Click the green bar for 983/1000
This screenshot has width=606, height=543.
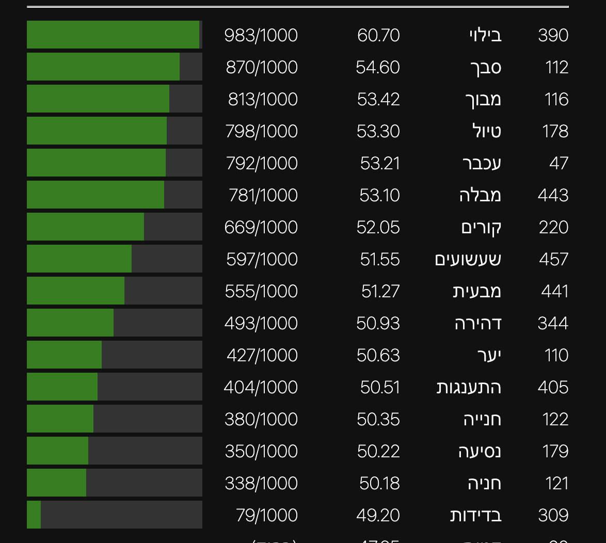click(113, 35)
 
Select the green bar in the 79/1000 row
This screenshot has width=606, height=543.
click(34, 515)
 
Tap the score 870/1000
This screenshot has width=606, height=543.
click(262, 67)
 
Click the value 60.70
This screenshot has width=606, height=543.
click(378, 35)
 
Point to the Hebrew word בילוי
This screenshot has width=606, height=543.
click(485, 35)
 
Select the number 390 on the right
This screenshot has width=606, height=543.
click(553, 35)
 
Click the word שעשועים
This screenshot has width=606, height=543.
click(468, 259)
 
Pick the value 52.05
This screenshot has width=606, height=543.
click(378, 227)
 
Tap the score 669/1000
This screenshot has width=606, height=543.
click(261, 227)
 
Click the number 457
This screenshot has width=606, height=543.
click(553, 259)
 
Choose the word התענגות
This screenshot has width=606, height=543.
click(469, 387)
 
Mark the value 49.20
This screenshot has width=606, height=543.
click(378, 515)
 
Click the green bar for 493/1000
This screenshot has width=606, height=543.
click(70, 323)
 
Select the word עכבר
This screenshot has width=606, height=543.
click(482, 163)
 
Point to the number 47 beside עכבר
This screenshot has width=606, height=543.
click(559, 163)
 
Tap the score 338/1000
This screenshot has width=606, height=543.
click(261, 483)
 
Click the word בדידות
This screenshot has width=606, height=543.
click(475, 515)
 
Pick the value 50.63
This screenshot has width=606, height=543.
click(378, 355)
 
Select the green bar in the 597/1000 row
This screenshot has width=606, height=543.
click(79, 259)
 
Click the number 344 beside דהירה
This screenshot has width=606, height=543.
click(553, 323)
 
